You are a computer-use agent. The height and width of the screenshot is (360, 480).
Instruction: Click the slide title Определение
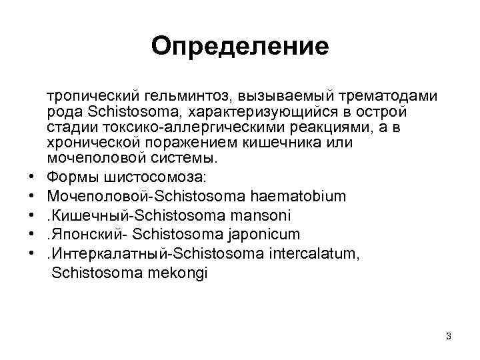[x=240, y=46]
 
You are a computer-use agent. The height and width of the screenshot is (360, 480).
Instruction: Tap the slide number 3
[x=449, y=336]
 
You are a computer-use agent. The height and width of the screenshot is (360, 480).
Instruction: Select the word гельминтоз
[x=175, y=97]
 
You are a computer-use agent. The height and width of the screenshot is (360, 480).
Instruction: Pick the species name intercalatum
[x=318, y=254]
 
